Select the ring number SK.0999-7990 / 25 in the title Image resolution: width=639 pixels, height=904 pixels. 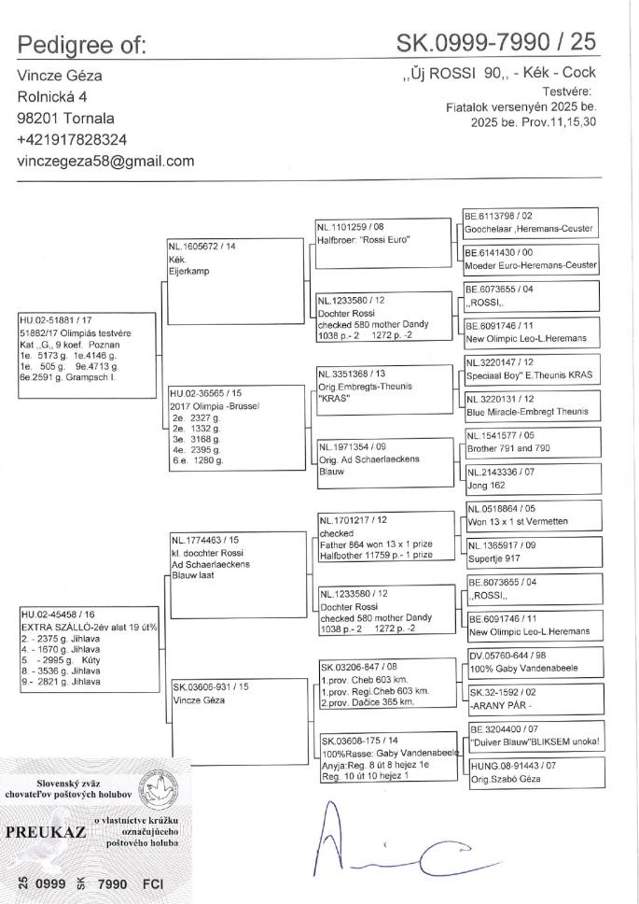[495, 42]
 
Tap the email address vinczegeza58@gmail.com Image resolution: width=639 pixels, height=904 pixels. [105, 161]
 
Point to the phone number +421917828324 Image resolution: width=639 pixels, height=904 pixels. [74, 139]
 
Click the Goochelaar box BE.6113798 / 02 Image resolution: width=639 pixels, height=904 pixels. [530, 222]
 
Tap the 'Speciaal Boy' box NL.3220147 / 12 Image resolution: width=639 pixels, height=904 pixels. [530, 370]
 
